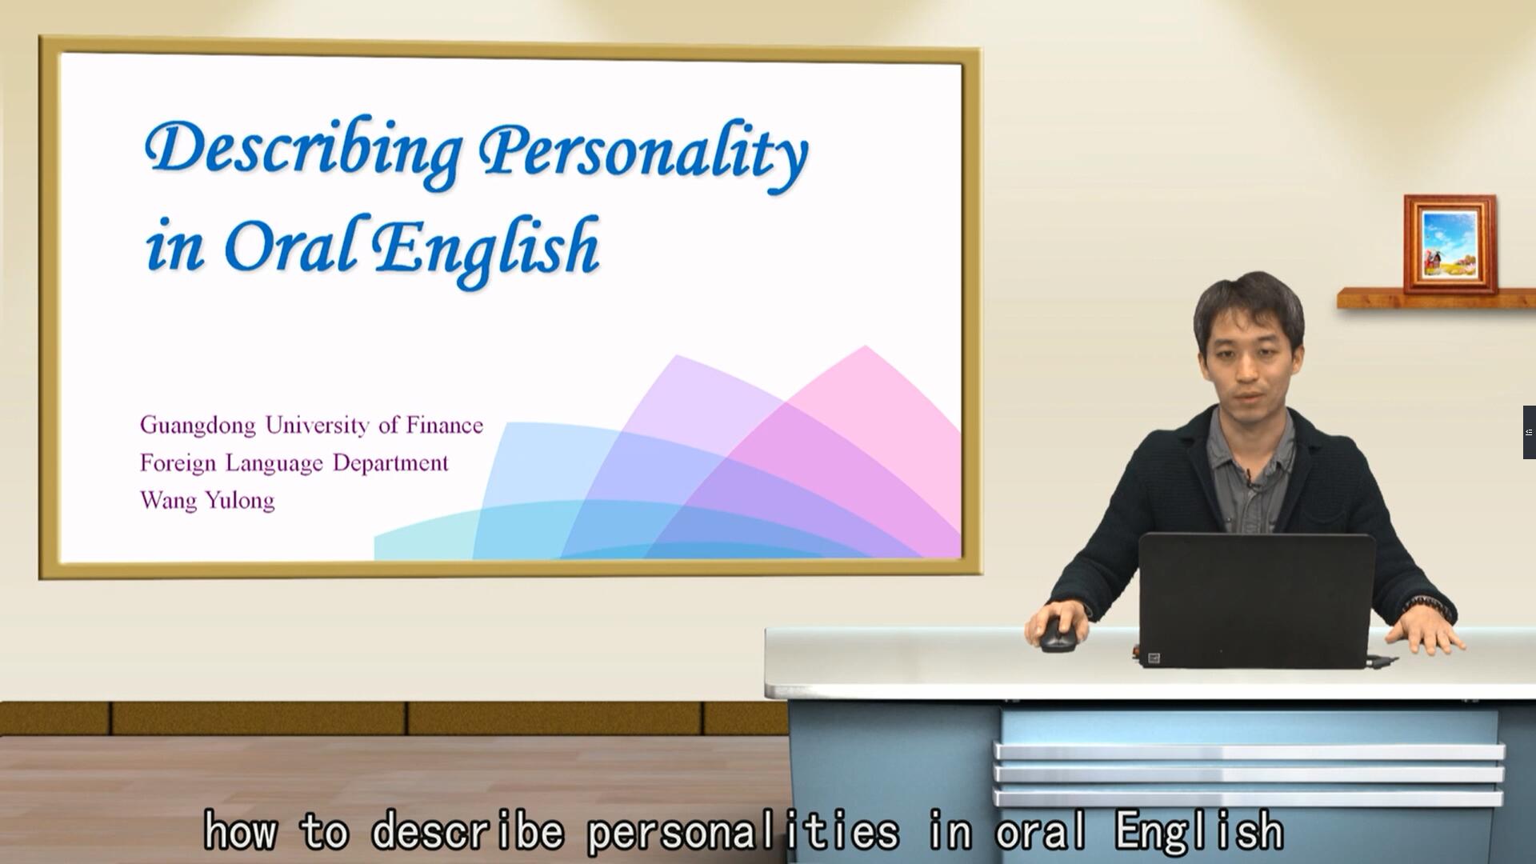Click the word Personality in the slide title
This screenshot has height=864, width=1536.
pos(644,156)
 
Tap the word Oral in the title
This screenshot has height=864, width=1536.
pos(290,244)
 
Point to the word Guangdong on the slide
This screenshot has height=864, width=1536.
pos(198,426)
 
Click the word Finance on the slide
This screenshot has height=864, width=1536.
pos(444,425)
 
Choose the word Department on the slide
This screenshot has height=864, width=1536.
pos(390,464)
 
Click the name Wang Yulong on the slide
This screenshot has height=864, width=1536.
pos(207,501)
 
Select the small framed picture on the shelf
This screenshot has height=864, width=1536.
pos(1450,244)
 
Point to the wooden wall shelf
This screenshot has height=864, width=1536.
pos(1436,298)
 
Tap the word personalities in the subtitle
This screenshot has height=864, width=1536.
pos(743,831)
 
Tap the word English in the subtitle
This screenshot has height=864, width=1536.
pos(1198,832)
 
